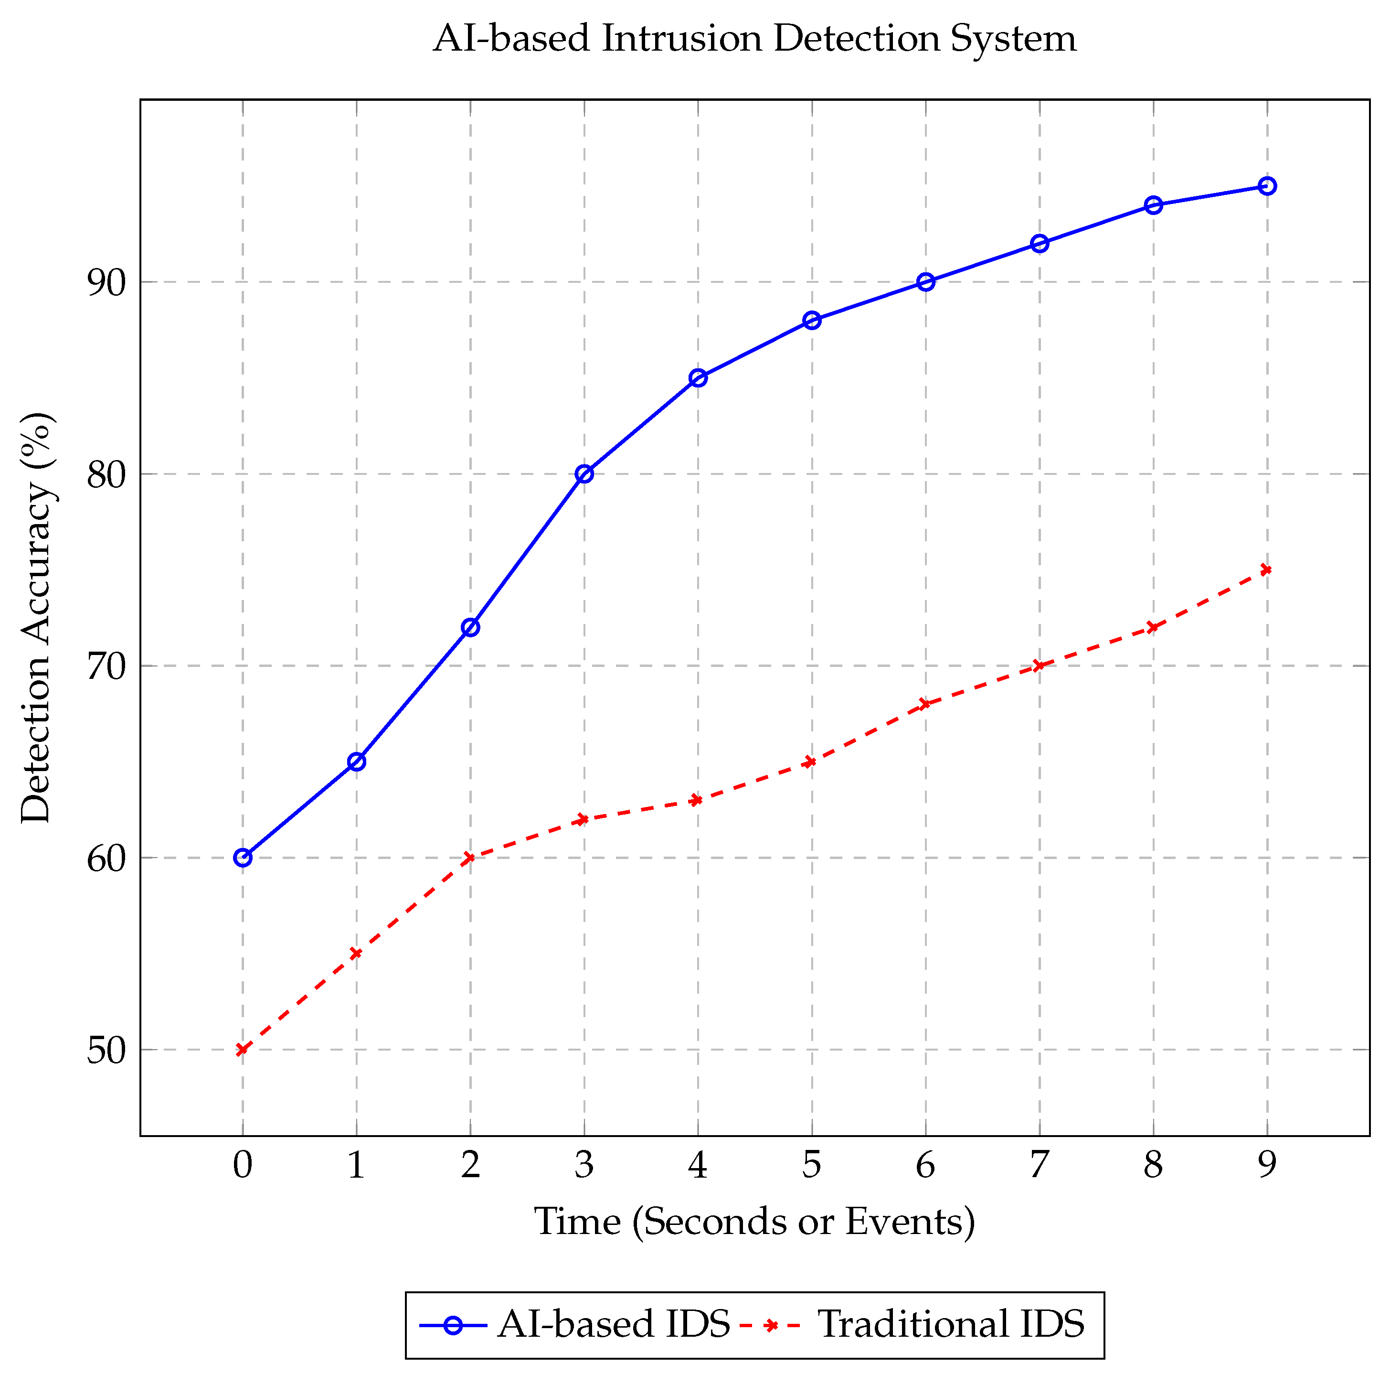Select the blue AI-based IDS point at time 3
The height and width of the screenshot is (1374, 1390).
[584, 473]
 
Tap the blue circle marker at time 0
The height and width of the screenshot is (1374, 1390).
[243, 857]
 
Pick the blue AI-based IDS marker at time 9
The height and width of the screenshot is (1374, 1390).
[1267, 186]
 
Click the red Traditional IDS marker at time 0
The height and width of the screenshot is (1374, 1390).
[243, 1050]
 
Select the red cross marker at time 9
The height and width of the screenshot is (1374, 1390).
[1267, 570]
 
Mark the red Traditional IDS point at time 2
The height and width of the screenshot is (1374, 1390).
[470, 857]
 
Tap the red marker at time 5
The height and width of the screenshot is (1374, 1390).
[812, 762]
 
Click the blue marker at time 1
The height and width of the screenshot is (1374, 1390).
[357, 762]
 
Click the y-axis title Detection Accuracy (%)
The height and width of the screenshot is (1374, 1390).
[36, 618]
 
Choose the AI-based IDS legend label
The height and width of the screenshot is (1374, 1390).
[613, 1324]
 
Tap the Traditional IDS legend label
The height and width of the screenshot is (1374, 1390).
[951, 1324]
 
